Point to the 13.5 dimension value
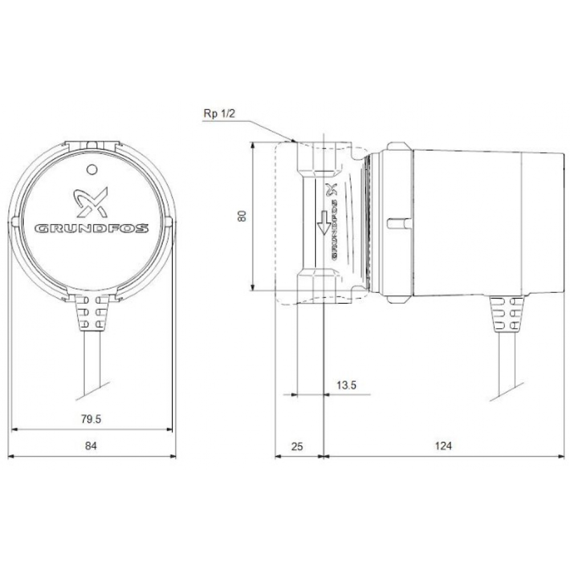click(346, 385)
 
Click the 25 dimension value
click(297, 446)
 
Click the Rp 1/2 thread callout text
click(219, 114)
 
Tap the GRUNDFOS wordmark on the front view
click(92, 229)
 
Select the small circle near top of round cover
click(91, 169)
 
